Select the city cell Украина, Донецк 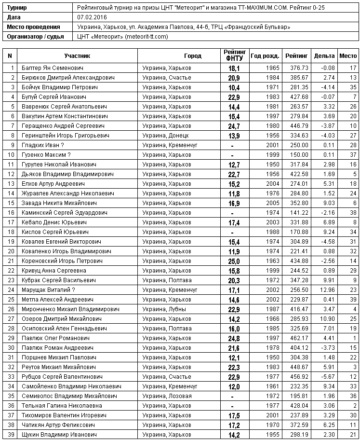[x=165, y=136]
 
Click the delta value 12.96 [x=326, y=290]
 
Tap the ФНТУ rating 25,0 [x=235, y=261]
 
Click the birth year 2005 [x=272, y=203]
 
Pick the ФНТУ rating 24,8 [x=235, y=338]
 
